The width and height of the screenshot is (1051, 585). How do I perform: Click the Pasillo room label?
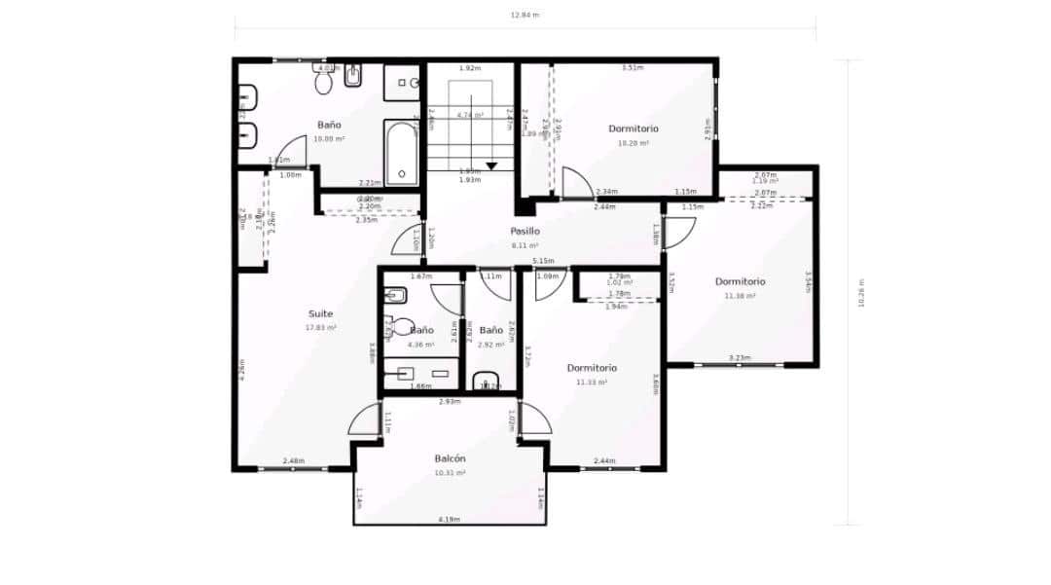[525, 232]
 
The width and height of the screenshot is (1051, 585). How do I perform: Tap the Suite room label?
[320, 314]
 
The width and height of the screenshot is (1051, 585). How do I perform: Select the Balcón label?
[450, 458]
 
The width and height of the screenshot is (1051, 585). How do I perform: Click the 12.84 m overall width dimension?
[525, 15]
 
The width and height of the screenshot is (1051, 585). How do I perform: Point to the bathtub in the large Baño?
[401, 153]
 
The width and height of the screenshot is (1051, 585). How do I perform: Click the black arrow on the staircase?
[491, 165]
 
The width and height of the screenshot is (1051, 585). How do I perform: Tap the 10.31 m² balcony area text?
[450, 473]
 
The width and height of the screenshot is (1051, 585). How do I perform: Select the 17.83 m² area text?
[320, 328]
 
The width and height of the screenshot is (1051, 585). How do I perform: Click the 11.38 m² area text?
[740, 296]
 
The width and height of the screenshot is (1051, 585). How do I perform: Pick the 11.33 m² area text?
[592, 383]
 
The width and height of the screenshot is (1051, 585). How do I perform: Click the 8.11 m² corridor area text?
[525, 246]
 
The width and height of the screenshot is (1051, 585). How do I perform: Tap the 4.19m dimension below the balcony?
[449, 520]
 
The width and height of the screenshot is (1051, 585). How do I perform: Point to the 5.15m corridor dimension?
[543, 261]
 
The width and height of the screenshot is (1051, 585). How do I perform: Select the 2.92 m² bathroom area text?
[491, 345]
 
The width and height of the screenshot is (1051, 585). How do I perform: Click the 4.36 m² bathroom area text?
[420, 345]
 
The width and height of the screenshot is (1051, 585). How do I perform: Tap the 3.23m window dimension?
[740, 358]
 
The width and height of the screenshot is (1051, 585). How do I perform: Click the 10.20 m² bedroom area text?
[634, 143]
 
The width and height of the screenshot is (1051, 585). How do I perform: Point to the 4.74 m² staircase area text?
[471, 115]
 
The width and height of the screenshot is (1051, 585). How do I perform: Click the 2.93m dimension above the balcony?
[449, 401]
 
